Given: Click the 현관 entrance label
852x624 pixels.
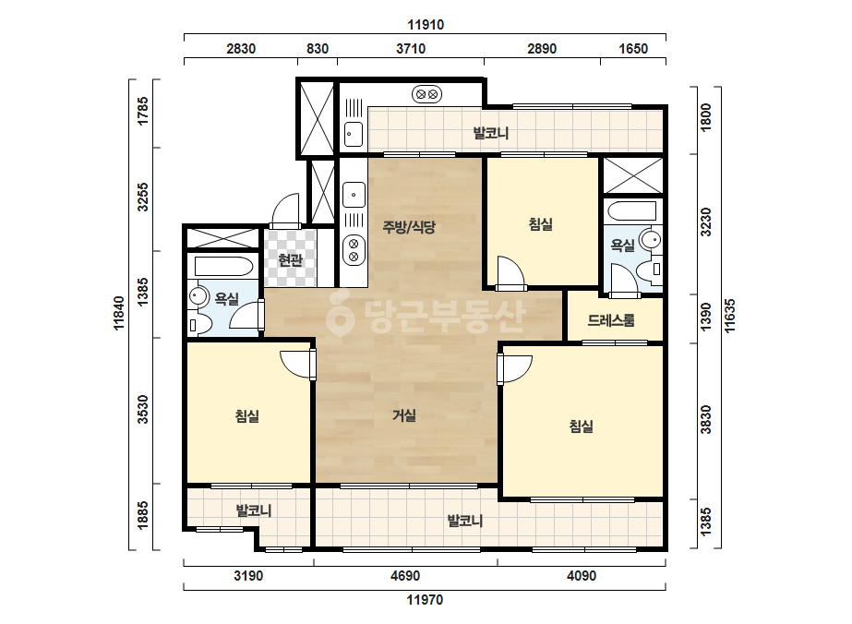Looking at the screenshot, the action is coord(291,260).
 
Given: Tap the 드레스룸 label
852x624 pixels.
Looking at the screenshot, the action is coord(611,320).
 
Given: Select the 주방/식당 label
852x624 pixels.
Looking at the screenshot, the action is coord(409,227).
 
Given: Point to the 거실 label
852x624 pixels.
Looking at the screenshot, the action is coord(404,415).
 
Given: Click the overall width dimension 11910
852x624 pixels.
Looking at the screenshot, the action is coord(426,24).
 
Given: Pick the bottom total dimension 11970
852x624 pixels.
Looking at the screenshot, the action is coord(425,600).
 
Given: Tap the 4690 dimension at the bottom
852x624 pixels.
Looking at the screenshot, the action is coord(405,576).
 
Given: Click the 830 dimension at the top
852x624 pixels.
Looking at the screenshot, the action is coord(318,49).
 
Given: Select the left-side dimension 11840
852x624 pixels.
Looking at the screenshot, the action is coord(119,313).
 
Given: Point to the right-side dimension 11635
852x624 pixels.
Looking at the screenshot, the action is coord(730,316).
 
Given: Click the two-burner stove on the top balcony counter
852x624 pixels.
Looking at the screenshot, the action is coord(426,94).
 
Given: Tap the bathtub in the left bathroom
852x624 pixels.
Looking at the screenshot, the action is coord(223,267).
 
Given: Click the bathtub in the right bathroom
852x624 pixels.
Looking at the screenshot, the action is coord(632,210).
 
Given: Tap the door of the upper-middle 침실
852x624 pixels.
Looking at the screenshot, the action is coord(510,273).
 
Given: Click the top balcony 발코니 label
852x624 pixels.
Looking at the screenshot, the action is coord(491,133).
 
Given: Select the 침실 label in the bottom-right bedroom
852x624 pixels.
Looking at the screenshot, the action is coord(582,426).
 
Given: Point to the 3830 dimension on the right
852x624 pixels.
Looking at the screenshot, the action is coord(706,420).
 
